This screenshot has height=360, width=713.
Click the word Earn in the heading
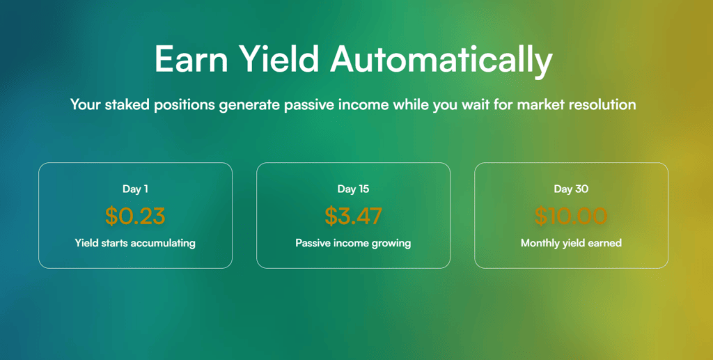(x=191, y=58)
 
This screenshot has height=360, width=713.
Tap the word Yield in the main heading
(x=279, y=60)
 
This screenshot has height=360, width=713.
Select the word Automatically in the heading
(x=441, y=60)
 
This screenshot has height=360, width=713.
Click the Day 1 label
(x=135, y=189)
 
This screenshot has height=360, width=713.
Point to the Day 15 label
(x=353, y=189)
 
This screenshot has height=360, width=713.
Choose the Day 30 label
(x=571, y=189)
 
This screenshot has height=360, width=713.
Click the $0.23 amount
(x=135, y=216)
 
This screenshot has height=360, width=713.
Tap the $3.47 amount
(x=353, y=216)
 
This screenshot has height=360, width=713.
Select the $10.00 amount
(x=571, y=216)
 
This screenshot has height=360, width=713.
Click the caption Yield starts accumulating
(x=135, y=243)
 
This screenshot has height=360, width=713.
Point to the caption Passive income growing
(x=353, y=243)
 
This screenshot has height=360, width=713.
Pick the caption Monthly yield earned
(x=571, y=243)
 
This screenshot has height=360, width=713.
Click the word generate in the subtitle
(x=249, y=105)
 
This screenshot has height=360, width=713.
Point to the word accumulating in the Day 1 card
(x=163, y=244)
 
